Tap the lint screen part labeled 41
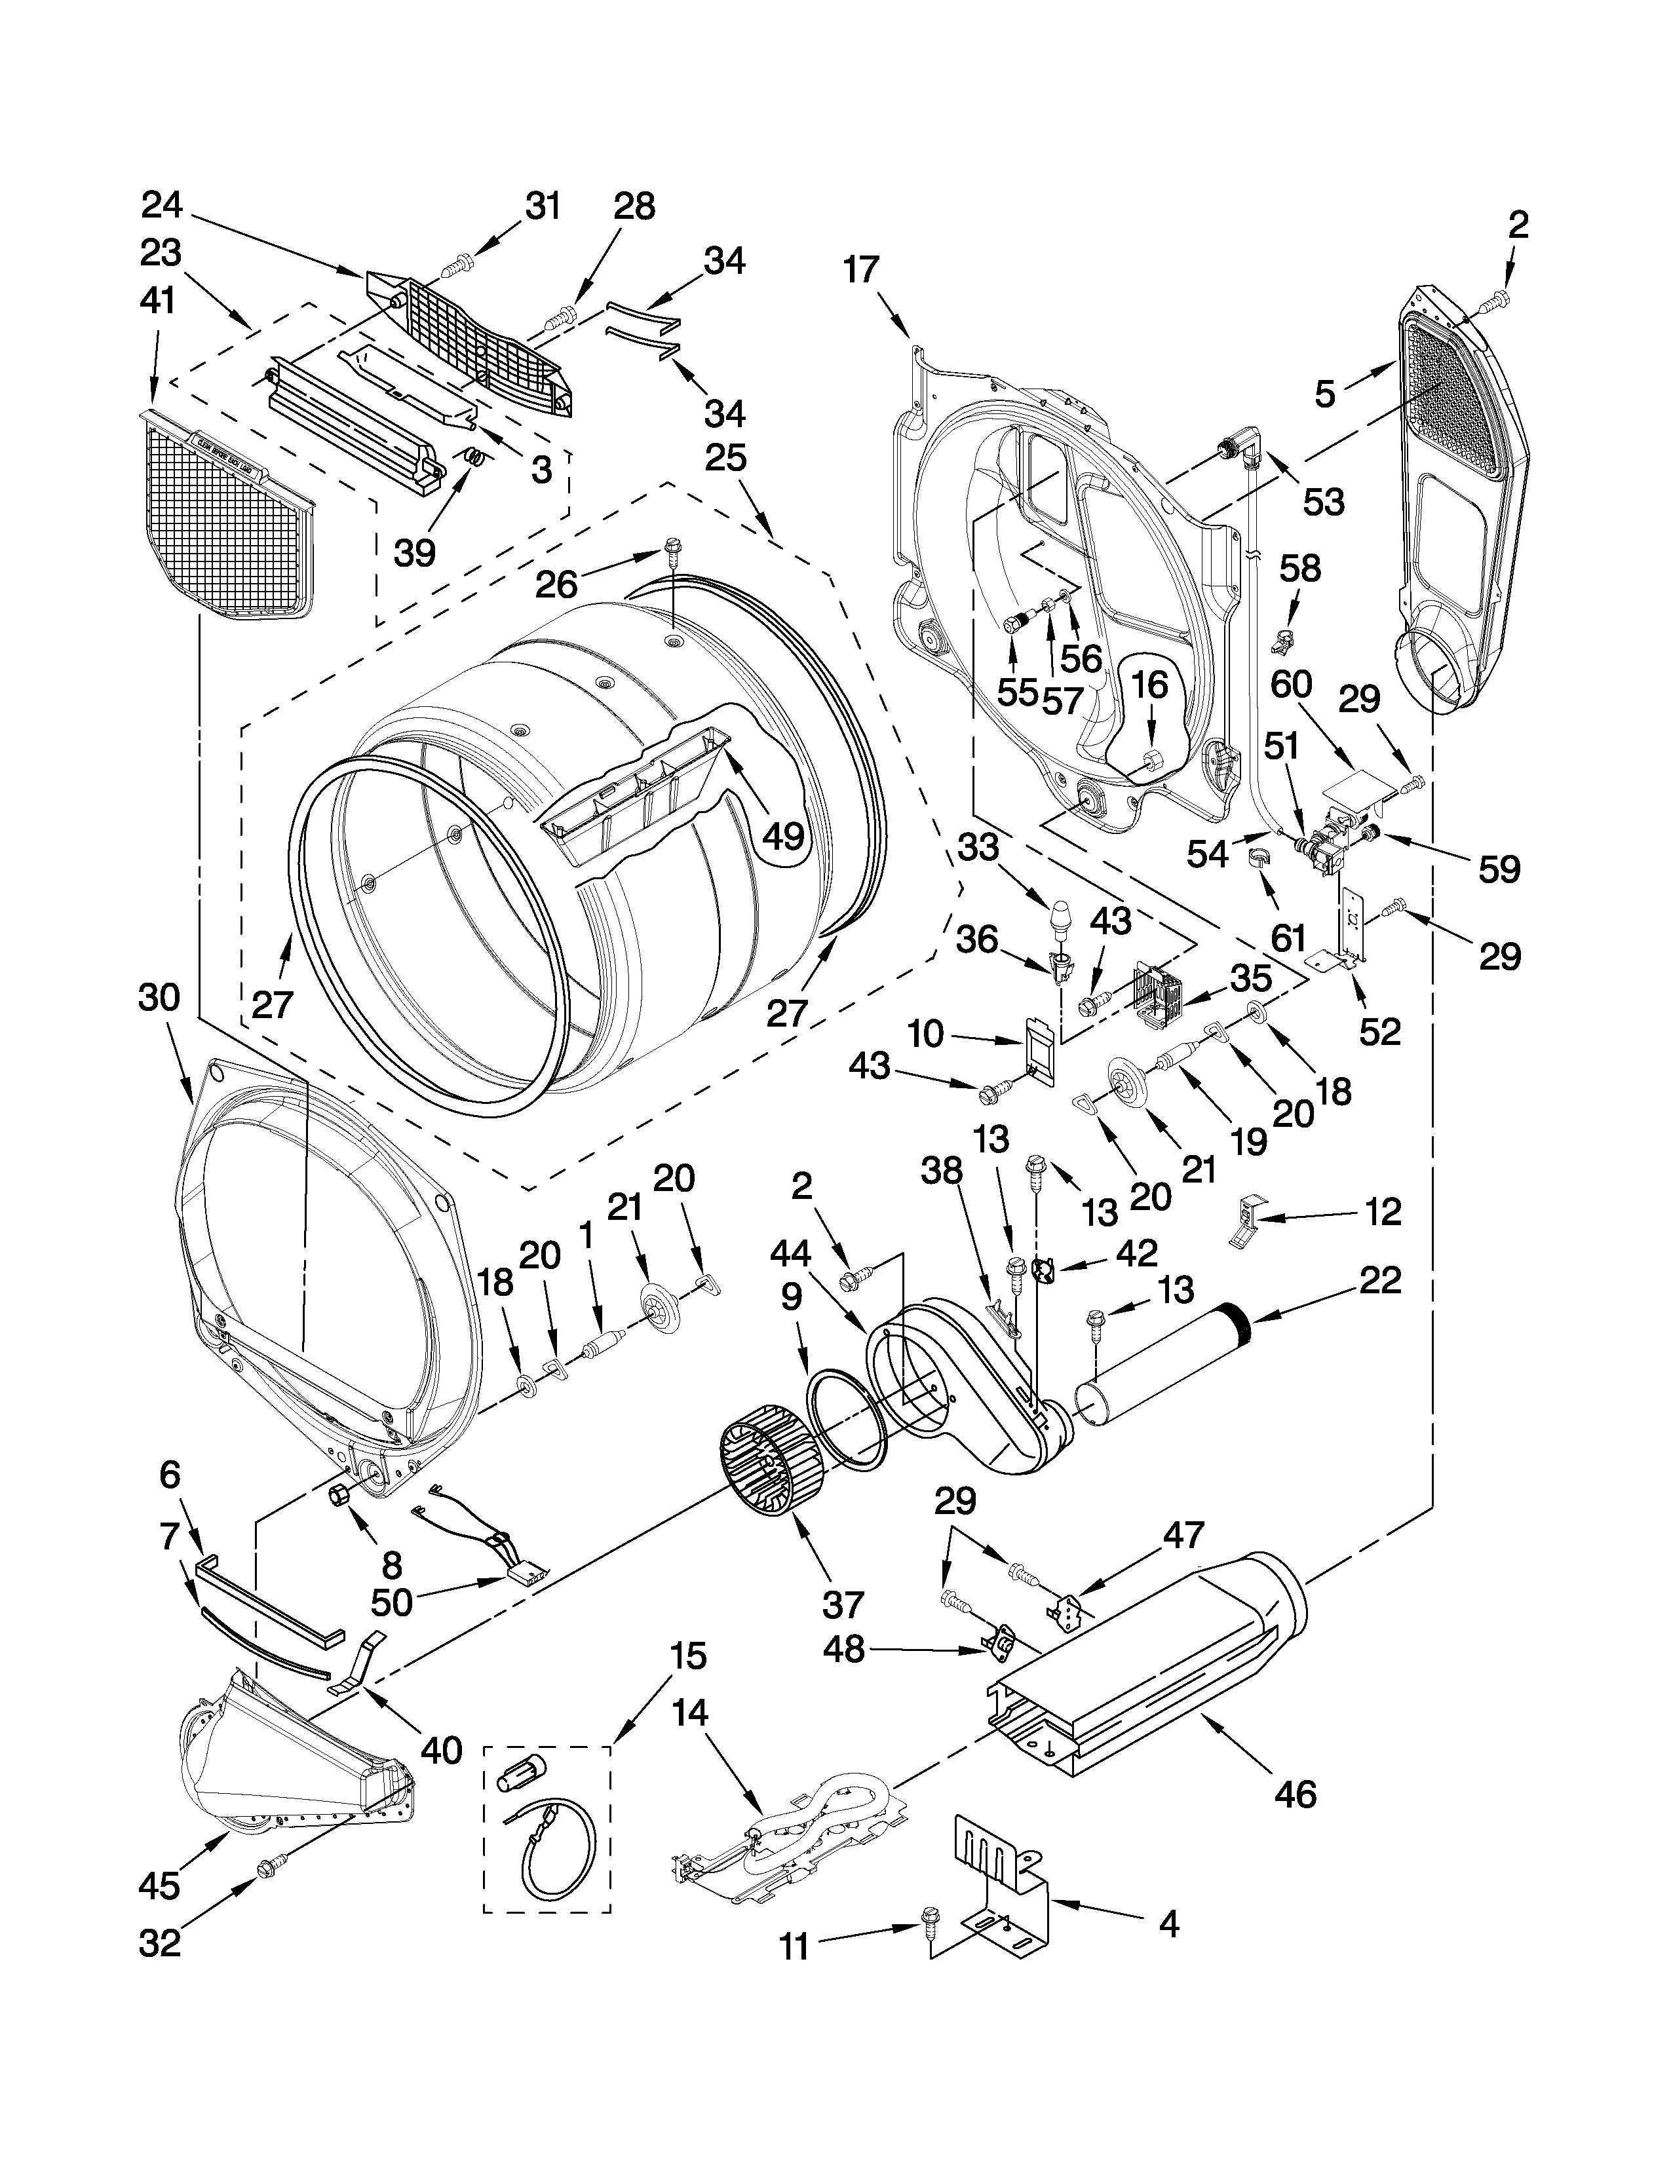point(225,510)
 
